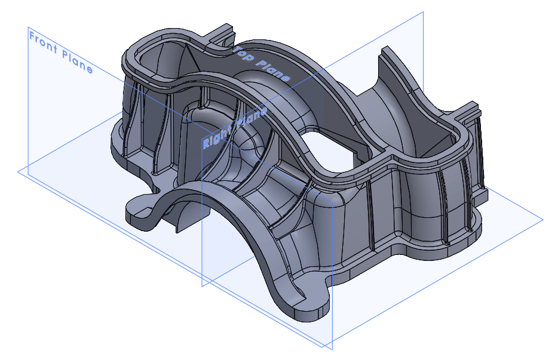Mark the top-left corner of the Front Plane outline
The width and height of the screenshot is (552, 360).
28,27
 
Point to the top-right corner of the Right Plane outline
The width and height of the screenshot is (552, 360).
423,11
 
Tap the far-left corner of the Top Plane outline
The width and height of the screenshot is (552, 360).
19,171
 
